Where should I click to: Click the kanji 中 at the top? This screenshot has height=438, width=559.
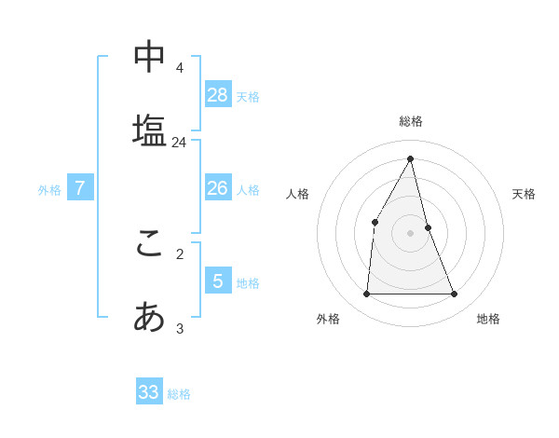point(149,57)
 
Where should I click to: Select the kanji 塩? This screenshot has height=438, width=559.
point(149,130)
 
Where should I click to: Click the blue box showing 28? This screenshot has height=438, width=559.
point(218,94)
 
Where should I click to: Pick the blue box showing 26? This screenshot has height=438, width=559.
point(218,188)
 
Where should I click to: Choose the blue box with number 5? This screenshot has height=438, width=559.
point(218,281)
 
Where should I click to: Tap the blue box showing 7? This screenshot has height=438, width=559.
point(80,188)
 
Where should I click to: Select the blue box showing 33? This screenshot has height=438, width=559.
point(149,391)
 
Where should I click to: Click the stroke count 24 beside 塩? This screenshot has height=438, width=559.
point(179,143)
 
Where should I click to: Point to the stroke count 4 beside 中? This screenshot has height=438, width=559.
point(179,68)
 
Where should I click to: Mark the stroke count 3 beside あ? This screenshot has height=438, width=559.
point(180,328)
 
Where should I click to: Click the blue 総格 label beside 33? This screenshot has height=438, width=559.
point(179,394)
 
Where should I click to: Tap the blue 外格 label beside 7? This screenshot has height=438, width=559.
point(49,190)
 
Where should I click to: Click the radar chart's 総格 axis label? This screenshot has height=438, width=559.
point(411,121)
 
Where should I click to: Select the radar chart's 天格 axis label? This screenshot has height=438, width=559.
point(524,194)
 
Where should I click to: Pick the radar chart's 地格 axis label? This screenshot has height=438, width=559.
point(488,319)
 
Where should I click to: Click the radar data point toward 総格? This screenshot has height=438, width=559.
point(411,158)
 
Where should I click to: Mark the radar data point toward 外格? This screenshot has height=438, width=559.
point(366,294)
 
